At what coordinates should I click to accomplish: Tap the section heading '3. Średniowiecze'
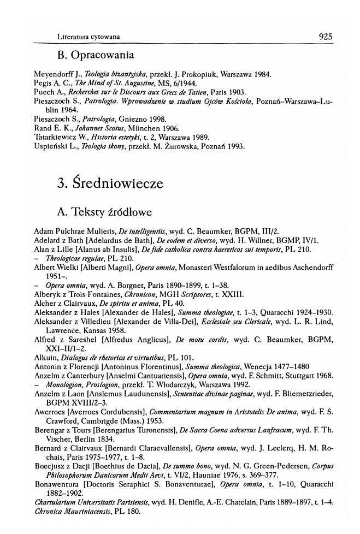[x=110, y=183]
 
